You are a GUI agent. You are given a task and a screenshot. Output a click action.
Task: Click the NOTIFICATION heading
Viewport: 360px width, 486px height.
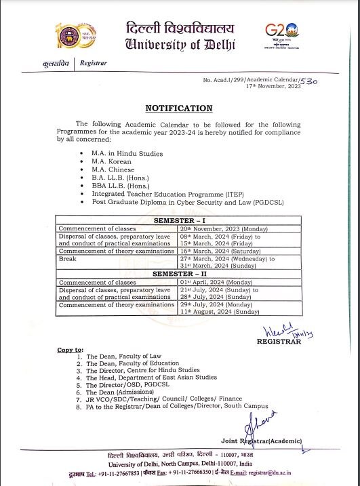pos(178,108)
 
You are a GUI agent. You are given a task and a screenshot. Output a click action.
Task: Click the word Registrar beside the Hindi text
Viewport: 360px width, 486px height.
pos(93,63)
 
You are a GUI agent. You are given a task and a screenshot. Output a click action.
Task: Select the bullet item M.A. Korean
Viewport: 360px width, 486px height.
pos(113,162)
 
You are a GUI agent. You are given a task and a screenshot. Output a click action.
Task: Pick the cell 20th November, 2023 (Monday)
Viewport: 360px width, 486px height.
pos(214,229)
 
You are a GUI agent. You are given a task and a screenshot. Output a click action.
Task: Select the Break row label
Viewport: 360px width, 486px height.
pos(67,258)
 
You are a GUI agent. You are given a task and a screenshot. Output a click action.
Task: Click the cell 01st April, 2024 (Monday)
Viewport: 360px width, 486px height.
pos(209,281)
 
